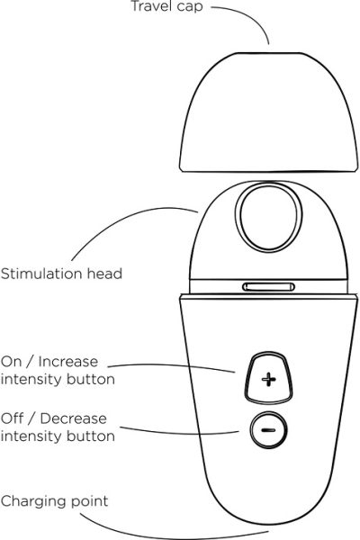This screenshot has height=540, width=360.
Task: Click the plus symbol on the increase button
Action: (269, 380)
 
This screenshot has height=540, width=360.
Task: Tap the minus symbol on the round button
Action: (268, 430)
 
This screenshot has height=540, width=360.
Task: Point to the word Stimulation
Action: (41, 274)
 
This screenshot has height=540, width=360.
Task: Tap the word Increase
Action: (68, 362)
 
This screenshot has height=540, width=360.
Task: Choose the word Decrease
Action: (74, 418)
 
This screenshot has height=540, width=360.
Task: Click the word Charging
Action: (31, 501)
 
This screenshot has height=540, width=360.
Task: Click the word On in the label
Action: (12, 362)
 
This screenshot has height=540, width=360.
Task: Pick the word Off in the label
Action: (12, 418)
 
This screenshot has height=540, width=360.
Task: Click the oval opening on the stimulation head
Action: (268, 216)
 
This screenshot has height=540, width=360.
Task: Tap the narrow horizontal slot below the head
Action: (268, 287)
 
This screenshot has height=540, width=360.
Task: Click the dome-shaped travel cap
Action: (269, 112)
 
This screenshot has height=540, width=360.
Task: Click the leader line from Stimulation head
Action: (123, 220)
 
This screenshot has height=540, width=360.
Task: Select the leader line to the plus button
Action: (172, 365)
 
